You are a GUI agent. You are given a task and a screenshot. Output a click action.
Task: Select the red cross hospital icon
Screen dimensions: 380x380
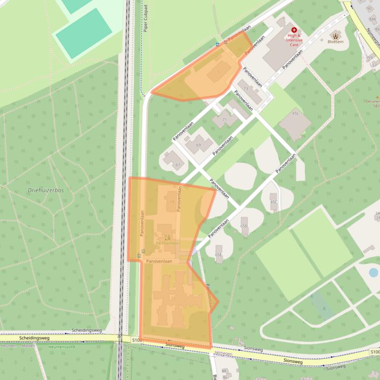point(294,30)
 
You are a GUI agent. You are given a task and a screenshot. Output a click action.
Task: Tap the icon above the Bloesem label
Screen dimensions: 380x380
point(336,35)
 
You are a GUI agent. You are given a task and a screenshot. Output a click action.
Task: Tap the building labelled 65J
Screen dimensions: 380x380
point(295,123)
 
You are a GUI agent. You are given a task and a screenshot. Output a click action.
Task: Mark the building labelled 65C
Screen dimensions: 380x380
point(274,200)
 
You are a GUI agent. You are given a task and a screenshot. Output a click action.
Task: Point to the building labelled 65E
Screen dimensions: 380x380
point(219,254)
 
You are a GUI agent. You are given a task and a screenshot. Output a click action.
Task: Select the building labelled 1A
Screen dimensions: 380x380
point(171,201)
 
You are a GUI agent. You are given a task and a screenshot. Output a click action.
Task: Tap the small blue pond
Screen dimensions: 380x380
point(374,272)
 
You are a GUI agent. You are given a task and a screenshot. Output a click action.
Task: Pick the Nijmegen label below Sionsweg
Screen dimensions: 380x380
point(223,353)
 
